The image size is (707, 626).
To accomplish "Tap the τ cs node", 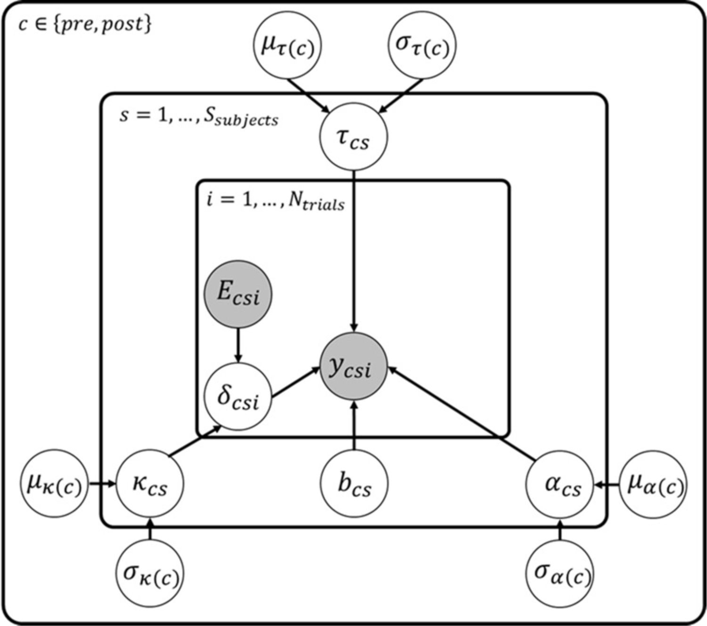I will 353,137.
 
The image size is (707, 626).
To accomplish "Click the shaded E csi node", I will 238,294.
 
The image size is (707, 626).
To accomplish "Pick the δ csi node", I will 238,397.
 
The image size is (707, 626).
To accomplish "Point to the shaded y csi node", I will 353,366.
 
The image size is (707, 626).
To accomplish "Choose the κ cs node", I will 150,484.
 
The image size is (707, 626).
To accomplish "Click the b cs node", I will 354,484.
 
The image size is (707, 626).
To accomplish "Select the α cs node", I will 560,484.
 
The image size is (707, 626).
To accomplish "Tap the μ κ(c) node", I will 54,484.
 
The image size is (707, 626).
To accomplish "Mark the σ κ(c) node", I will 150,573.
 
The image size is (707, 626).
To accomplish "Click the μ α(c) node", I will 654,484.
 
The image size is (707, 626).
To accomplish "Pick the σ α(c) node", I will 560,573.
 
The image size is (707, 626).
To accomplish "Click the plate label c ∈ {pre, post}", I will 85,24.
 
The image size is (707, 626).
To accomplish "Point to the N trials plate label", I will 276,201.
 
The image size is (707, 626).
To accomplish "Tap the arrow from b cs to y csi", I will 354,424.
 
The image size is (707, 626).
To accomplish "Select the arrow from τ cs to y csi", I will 354,250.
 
